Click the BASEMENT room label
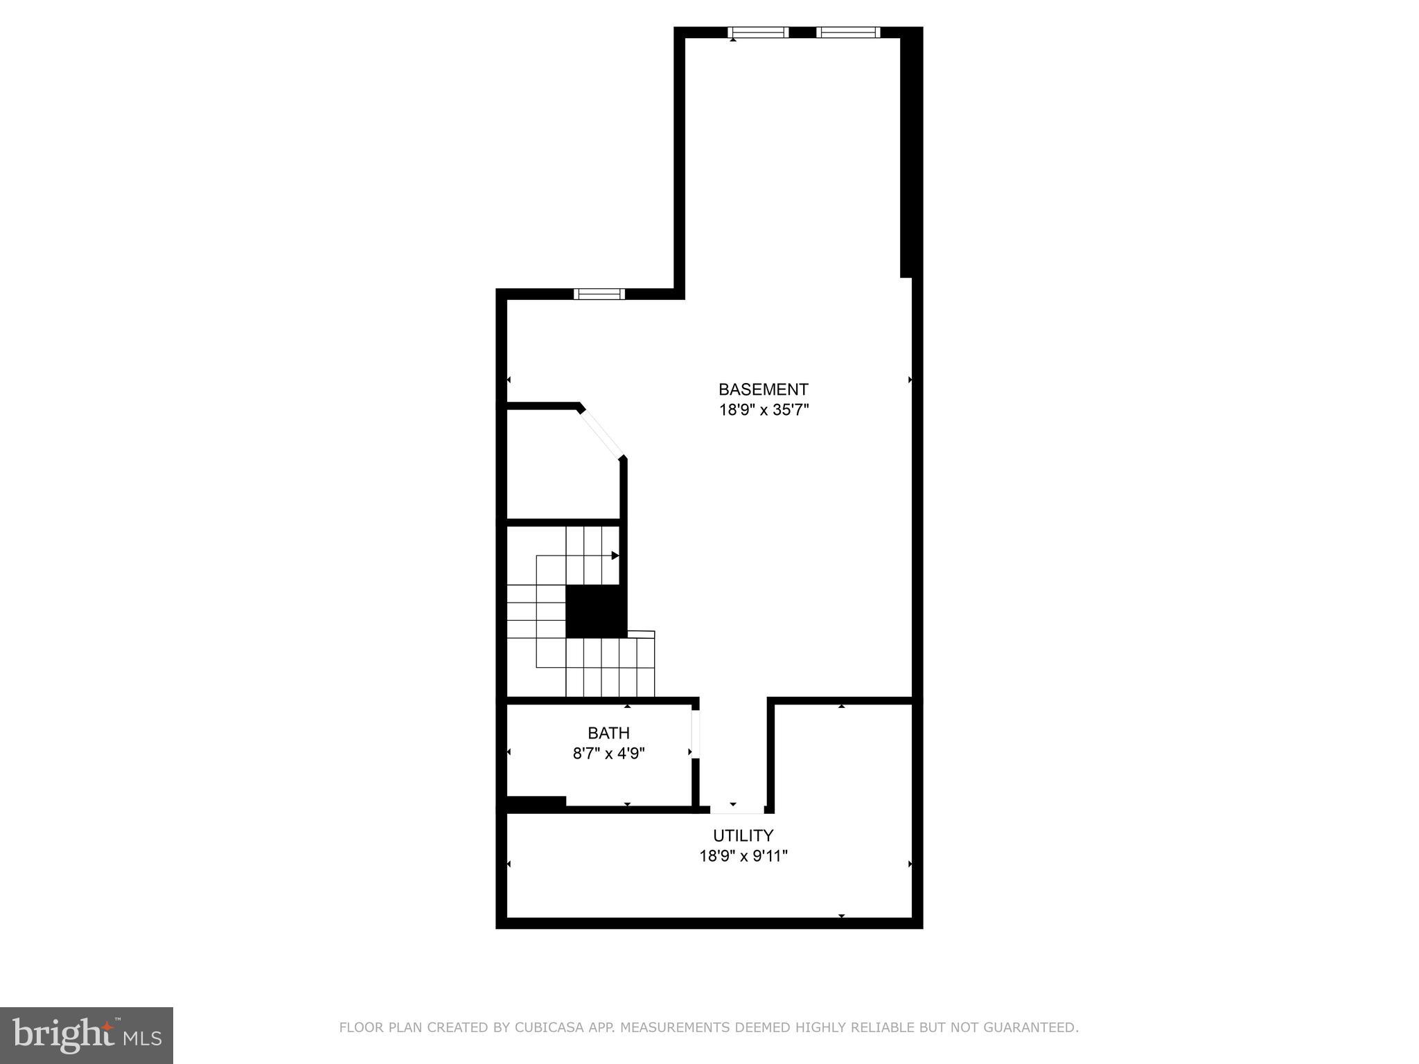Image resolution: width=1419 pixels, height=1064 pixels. (x=763, y=389)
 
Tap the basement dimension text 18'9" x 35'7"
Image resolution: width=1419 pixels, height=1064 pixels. (x=764, y=410)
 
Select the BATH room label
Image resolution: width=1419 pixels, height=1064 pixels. (x=608, y=733)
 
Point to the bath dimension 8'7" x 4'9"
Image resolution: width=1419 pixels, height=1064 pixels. (x=608, y=753)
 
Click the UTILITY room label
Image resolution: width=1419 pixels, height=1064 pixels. (x=743, y=835)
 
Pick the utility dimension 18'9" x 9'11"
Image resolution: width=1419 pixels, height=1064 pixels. (x=743, y=856)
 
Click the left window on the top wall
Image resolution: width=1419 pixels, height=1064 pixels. (x=758, y=32)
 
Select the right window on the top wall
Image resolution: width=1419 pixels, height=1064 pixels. (x=848, y=32)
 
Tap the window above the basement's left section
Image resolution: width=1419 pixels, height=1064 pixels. (x=599, y=294)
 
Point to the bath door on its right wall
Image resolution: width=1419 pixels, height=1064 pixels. (x=695, y=734)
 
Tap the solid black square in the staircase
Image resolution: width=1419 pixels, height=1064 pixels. (x=596, y=611)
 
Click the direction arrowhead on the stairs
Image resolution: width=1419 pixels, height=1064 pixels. (x=615, y=556)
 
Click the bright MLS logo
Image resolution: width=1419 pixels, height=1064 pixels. (x=86, y=1036)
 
